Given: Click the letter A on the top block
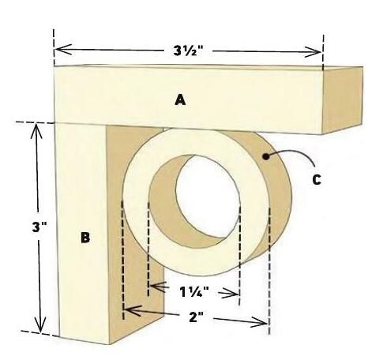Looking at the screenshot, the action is click(180, 100).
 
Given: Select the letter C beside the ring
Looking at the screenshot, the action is click(317, 179).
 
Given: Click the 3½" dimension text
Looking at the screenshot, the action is click(189, 51).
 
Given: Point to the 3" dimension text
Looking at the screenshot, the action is click(39, 227).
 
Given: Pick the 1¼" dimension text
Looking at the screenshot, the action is click(194, 292).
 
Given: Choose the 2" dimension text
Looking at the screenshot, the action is click(197, 317).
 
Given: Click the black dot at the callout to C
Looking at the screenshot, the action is click(266, 156).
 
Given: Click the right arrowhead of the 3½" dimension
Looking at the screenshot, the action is click(313, 52).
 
